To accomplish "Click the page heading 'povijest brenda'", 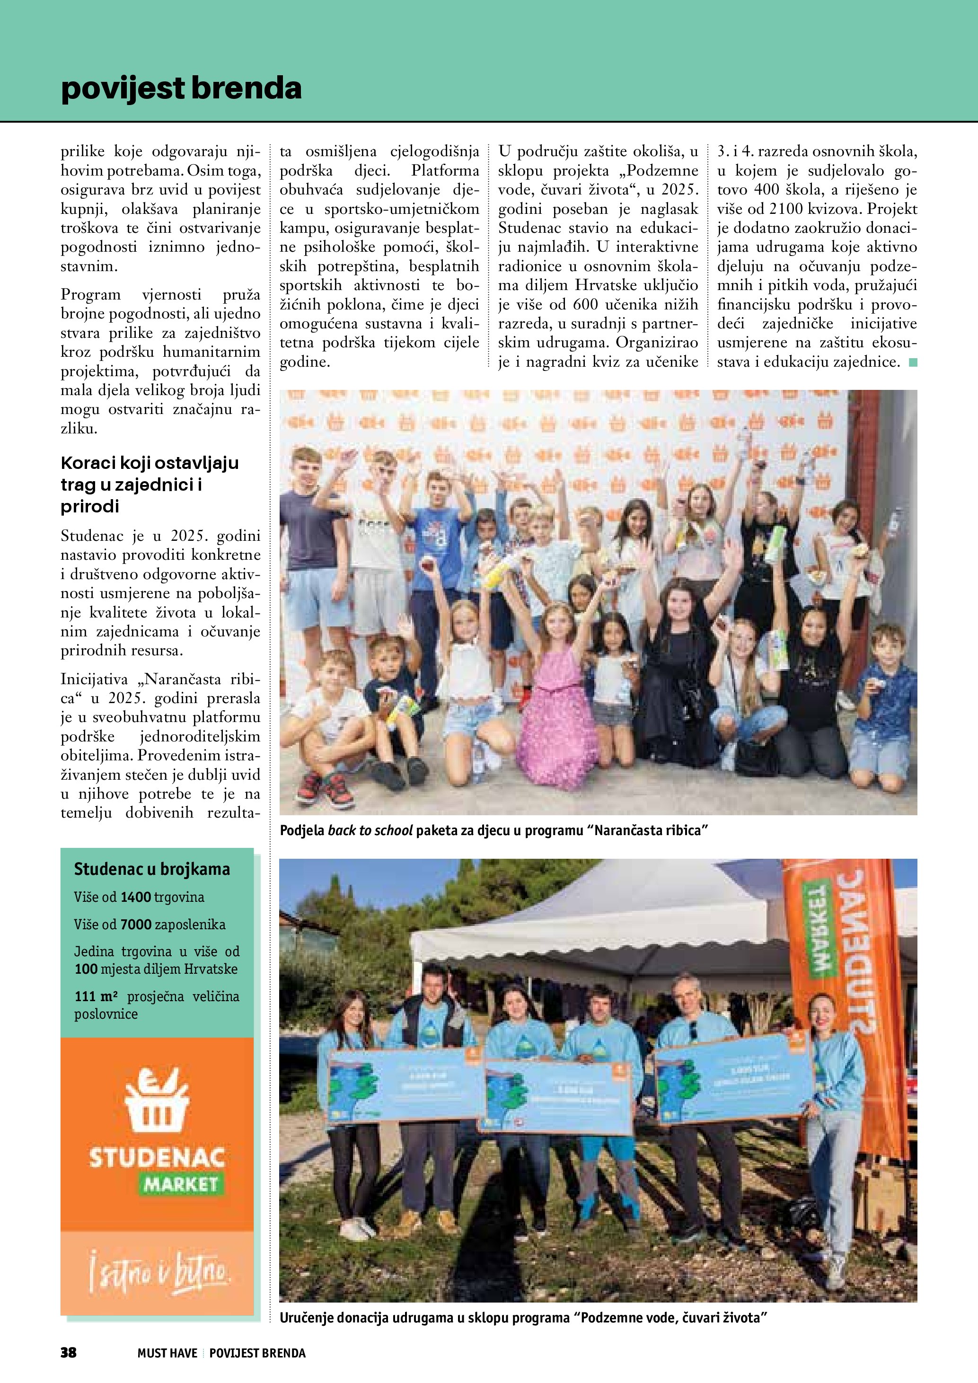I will [181, 88].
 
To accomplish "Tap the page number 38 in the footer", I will [68, 1352].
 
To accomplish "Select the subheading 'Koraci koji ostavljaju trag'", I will [150, 484].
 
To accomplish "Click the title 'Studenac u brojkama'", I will [152, 869].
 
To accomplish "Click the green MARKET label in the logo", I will [180, 1184].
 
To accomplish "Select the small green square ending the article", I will [913, 362].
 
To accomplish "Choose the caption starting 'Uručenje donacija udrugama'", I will [523, 1318].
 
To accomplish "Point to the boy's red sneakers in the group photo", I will [325, 789].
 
